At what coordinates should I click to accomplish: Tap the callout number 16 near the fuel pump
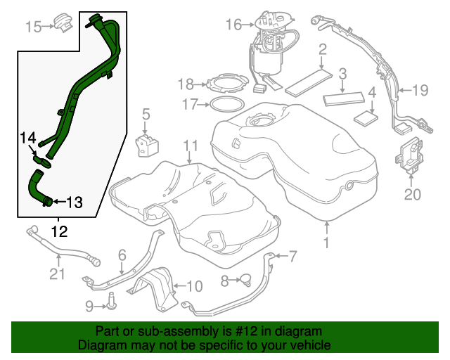click(x=233, y=26)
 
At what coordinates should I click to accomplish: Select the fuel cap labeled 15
click(x=65, y=22)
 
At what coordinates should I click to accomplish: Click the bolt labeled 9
click(x=110, y=304)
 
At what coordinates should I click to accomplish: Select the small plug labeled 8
click(x=245, y=281)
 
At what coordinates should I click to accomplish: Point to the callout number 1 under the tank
click(x=326, y=244)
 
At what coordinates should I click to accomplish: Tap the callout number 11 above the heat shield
click(x=188, y=146)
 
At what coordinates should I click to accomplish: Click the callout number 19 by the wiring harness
click(x=420, y=89)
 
